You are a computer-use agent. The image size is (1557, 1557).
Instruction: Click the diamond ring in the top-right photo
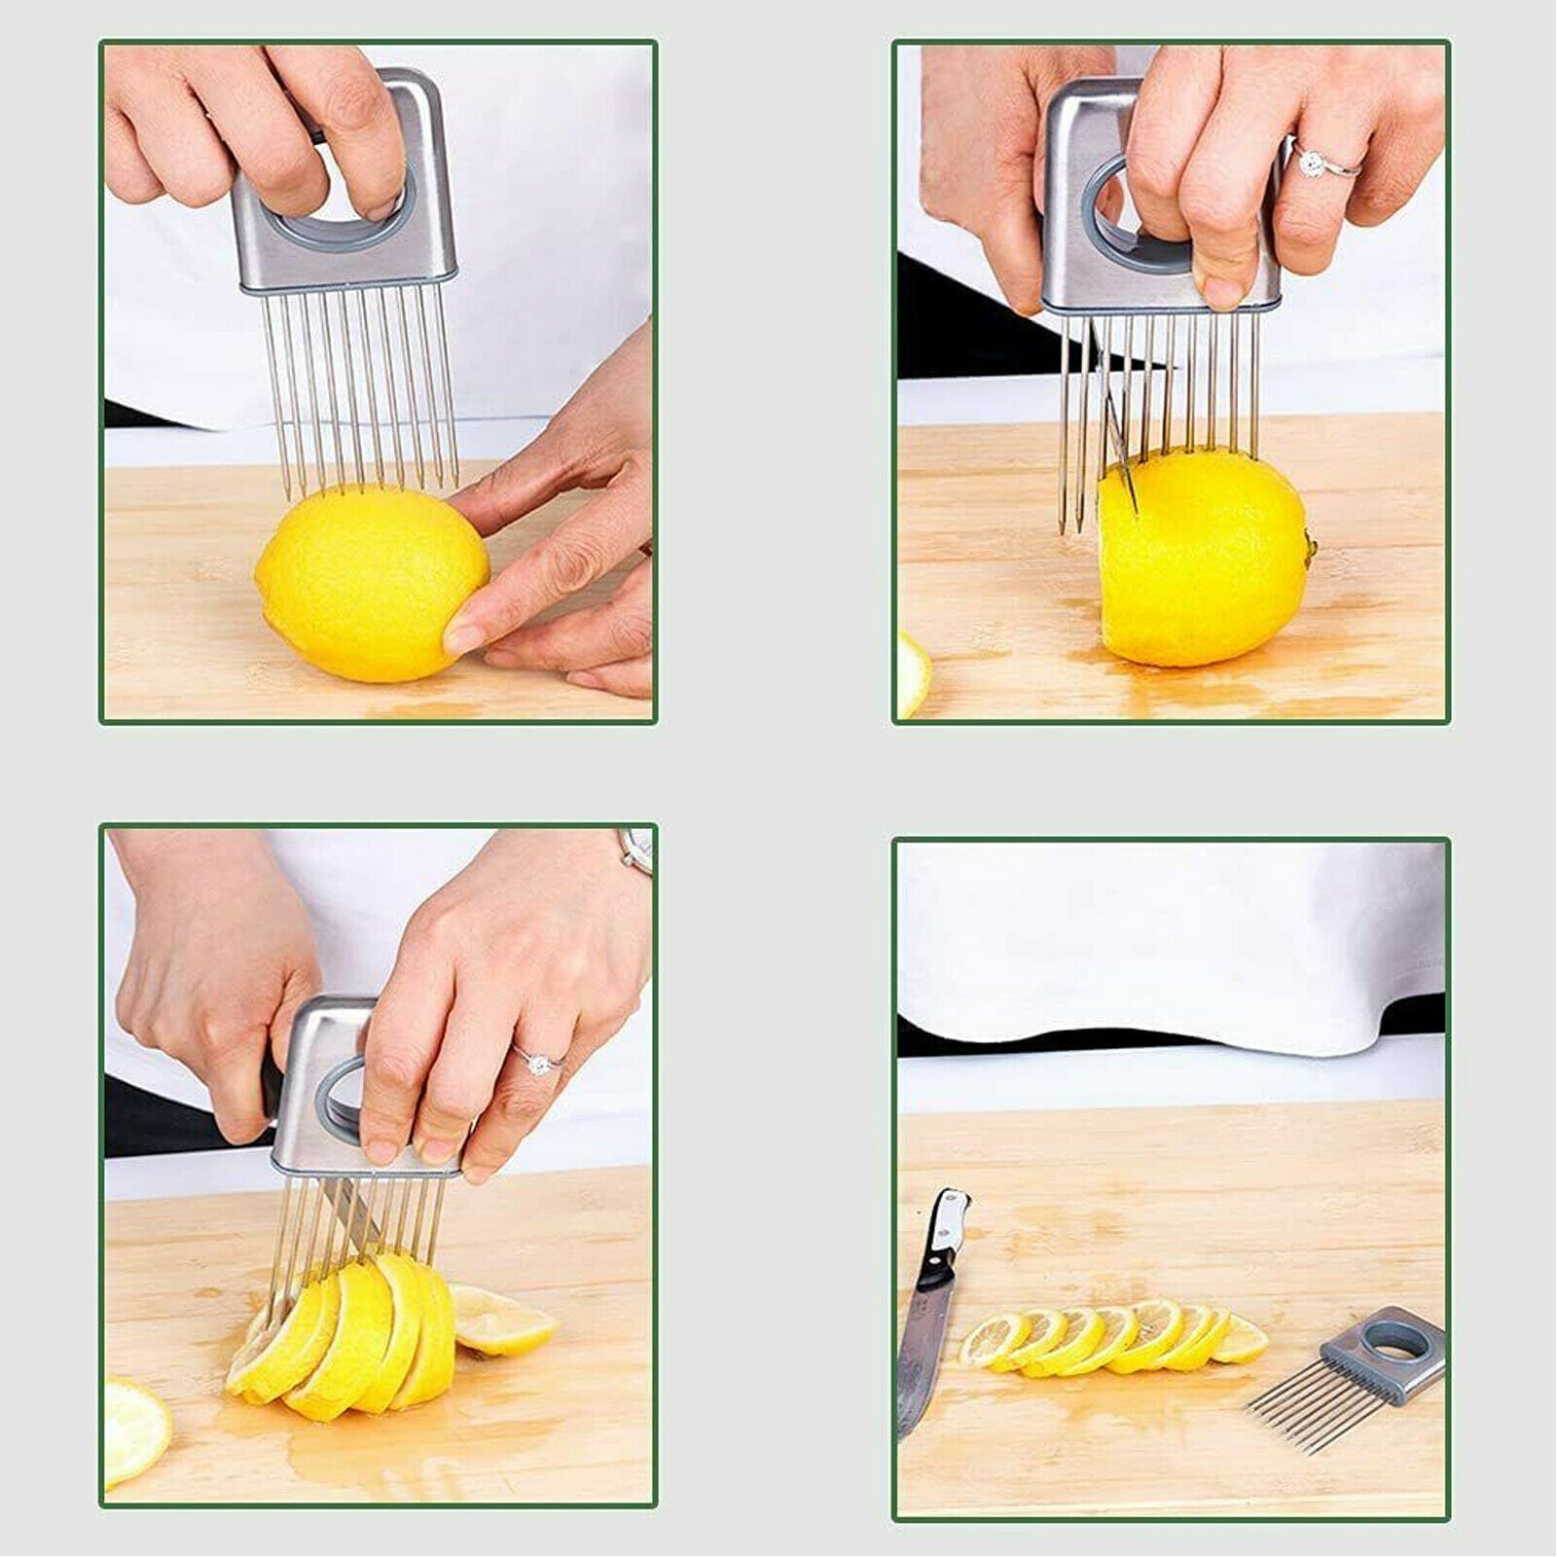[1313, 162]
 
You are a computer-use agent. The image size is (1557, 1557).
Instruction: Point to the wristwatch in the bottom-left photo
[637, 851]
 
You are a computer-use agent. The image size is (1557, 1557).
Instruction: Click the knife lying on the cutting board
[929, 1314]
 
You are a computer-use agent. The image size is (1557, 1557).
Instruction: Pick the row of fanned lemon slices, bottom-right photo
[1109, 1338]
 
